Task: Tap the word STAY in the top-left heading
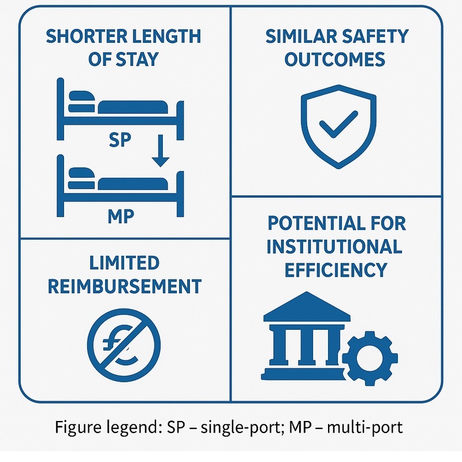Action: pos(139,60)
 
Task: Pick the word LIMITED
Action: pos(124,263)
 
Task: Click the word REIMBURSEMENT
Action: pos(124,286)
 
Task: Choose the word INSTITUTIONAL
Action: pos(334,247)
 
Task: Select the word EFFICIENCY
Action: pos(335,270)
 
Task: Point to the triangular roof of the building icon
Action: pos(307,305)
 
